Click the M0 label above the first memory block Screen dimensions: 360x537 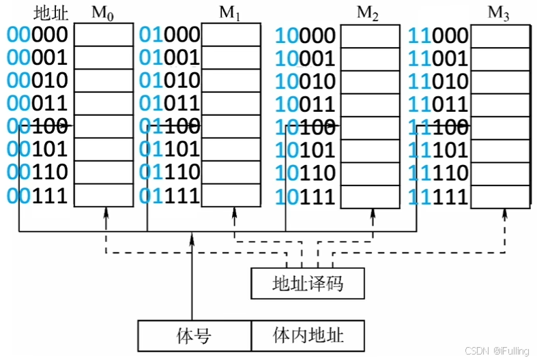103,14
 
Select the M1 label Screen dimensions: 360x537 230,14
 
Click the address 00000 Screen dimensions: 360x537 38,35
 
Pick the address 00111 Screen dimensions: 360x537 38,196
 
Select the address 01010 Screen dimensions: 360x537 170,81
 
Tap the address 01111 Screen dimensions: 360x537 170,196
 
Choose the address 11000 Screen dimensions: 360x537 438,35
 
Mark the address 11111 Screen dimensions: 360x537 438,196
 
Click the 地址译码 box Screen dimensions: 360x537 308,283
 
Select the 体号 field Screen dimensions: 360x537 194,335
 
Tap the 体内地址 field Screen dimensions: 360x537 308,335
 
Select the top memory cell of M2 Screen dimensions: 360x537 369,35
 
